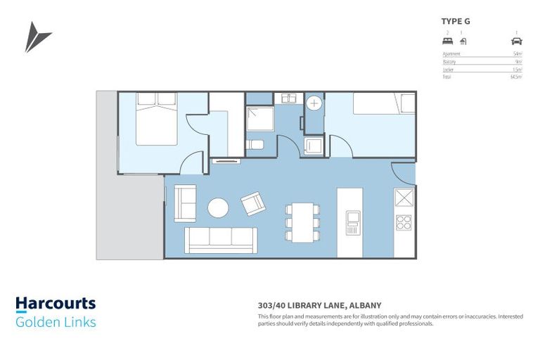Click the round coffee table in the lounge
tap(218, 207)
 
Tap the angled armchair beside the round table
tap(253, 204)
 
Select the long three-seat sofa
tap(221, 239)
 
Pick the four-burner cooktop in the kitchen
tap(404, 223)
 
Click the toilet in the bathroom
tap(256, 146)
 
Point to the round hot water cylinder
tap(314, 103)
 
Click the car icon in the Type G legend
tap(517, 41)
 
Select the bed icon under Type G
tap(447, 41)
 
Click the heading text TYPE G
tap(456, 21)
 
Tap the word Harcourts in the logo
tap(56, 304)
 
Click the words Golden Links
tap(56, 323)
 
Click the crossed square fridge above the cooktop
tap(404, 196)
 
